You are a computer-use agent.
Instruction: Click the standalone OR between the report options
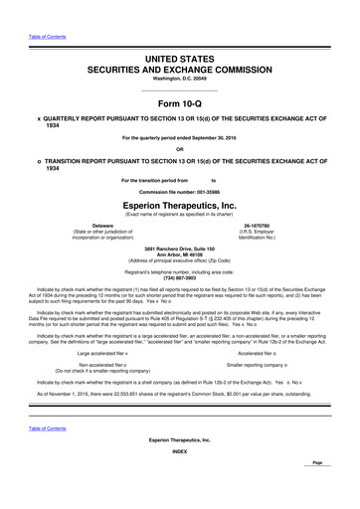point(179,150)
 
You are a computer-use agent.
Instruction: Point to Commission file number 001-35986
point(179,191)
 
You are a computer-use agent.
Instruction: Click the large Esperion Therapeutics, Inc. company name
point(179,206)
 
